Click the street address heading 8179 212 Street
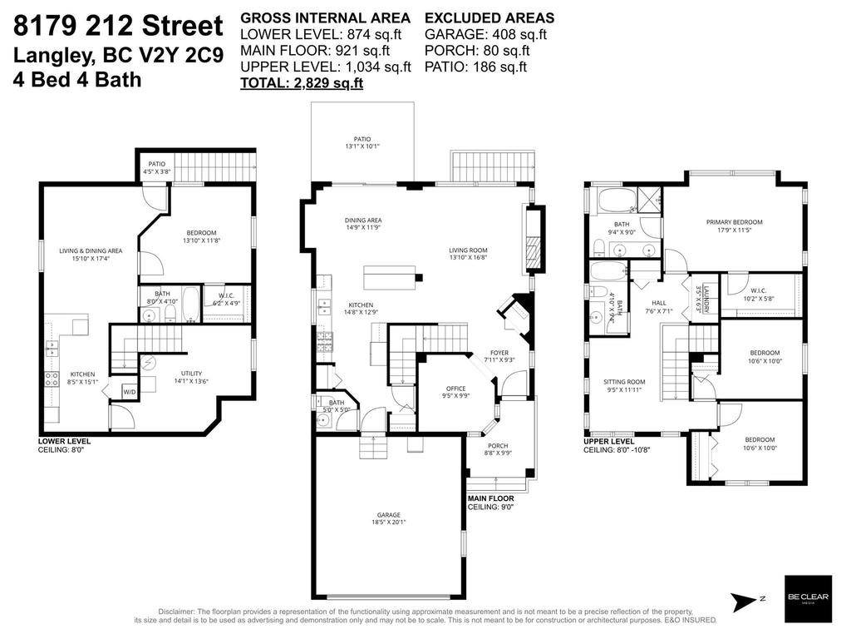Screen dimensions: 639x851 (x=118, y=25)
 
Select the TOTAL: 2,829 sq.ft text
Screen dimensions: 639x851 (x=302, y=83)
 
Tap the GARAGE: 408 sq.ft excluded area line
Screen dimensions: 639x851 (x=485, y=34)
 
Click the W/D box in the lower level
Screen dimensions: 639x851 (x=130, y=392)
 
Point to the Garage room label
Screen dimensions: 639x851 (x=388, y=515)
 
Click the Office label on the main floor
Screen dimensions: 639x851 (x=456, y=389)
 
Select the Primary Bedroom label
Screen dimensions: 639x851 (x=734, y=222)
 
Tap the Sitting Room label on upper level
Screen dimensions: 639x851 (x=624, y=382)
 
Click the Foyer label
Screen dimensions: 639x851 (x=499, y=352)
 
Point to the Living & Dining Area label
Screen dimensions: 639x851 (x=91, y=250)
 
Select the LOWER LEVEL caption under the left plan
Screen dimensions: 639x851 (x=64, y=441)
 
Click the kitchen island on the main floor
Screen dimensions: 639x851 (x=388, y=277)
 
